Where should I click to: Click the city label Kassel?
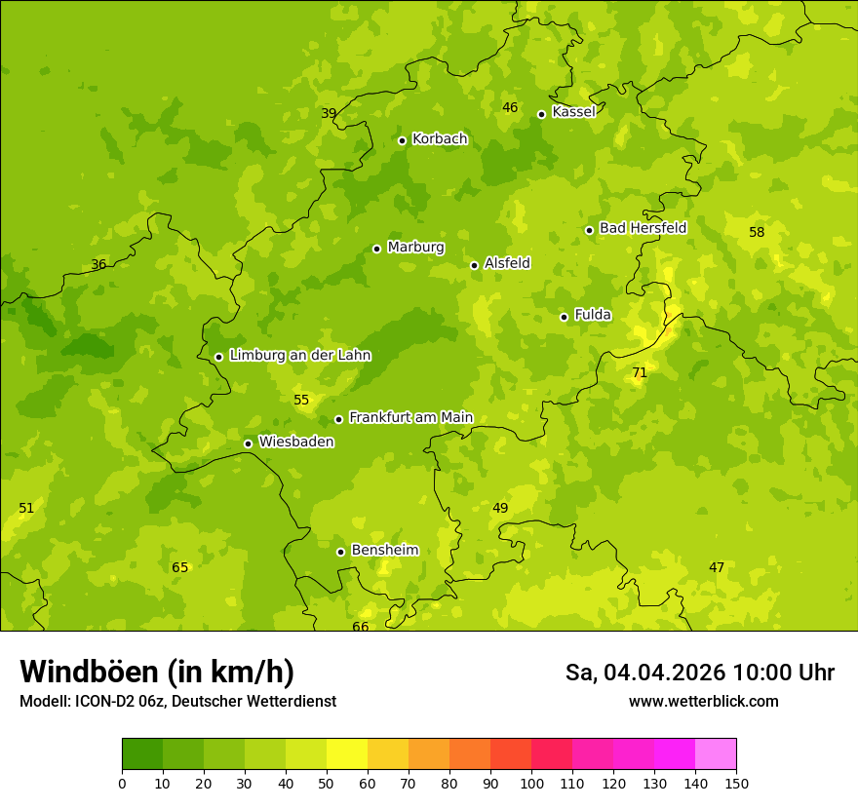point(573,112)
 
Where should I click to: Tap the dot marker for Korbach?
point(402,140)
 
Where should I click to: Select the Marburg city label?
point(415,248)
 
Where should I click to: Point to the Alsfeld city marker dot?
point(474,265)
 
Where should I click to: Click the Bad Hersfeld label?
point(643,228)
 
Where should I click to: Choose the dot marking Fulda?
point(564,317)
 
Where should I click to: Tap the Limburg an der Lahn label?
point(299,356)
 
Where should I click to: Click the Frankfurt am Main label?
point(410,418)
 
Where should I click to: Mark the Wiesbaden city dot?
point(248,443)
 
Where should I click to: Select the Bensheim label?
point(384,551)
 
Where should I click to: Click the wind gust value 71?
point(640,373)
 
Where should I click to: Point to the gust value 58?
point(757,232)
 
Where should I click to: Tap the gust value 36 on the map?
point(98,265)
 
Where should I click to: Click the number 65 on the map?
point(180,568)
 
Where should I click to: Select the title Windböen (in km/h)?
point(157,672)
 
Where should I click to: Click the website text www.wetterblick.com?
point(703,702)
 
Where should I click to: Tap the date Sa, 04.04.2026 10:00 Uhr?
point(699,673)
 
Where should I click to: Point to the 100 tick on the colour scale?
point(531,783)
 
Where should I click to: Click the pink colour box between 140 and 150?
point(716,754)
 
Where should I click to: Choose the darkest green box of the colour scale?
point(142,754)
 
